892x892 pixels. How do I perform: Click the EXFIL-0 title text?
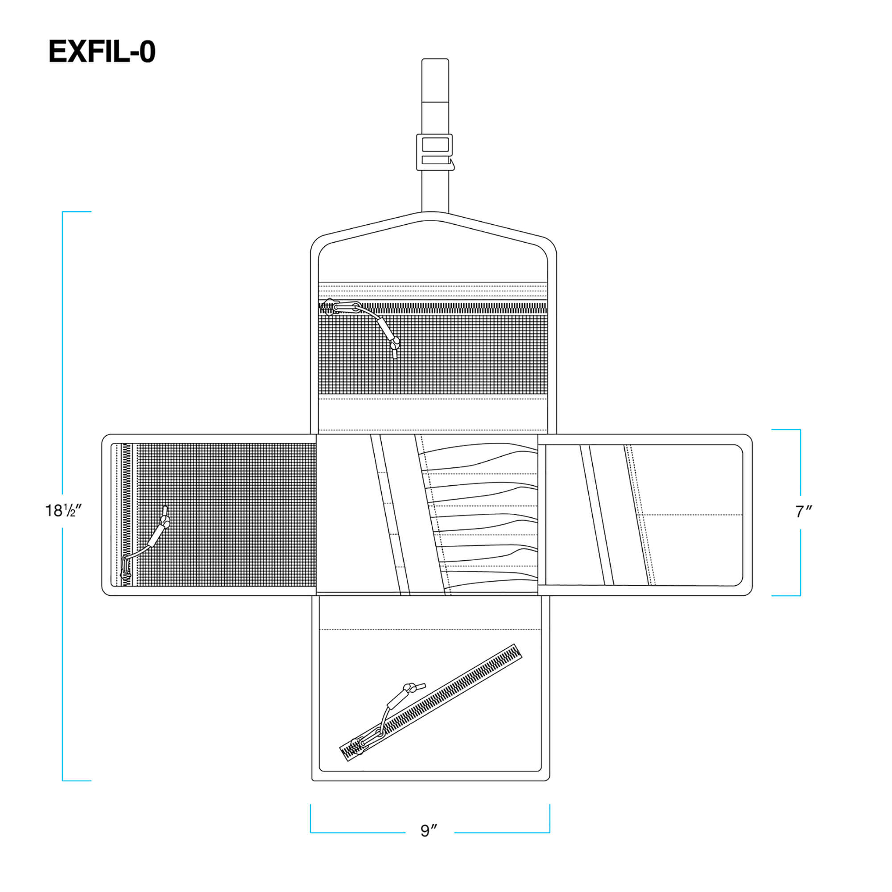(x=102, y=51)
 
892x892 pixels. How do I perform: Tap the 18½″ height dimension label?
(x=63, y=511)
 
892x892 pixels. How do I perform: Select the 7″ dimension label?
(x=803, y=512)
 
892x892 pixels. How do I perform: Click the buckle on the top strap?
(x=435, y=152)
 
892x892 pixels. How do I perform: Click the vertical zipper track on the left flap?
(x=127, y=515)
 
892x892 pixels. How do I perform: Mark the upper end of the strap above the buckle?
(x=435, y=59)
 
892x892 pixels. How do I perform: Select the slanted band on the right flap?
(x=597, y=515)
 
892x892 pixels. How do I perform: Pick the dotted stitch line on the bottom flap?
(x=429, y=629)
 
